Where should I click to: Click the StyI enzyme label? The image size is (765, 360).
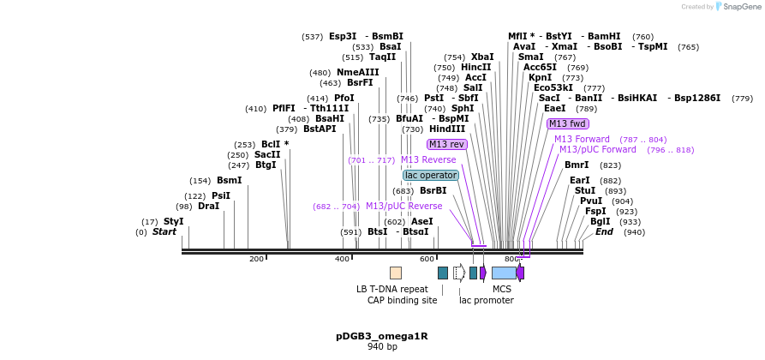[x=174, y=221]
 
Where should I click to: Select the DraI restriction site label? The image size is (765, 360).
[x=208, y=207]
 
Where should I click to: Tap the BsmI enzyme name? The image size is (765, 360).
[x=229, y=181]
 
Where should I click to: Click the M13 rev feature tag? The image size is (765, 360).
[x=446, y=145]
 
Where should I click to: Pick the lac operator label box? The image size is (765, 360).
[x=431, y=176]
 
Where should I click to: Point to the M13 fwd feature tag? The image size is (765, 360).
[x=567, y=124]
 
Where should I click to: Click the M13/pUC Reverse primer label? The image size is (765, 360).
[x=403, y=207]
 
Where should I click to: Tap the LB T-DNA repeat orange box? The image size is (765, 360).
[x=395, y=273]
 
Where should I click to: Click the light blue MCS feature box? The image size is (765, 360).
[x=504, y=273]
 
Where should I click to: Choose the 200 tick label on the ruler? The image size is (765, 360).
[x=256, y=259]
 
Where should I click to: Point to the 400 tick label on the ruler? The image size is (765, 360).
[x=342, y=259]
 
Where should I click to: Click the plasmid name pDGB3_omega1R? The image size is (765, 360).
[x=381, y=336]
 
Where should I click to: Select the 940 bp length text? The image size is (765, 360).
[x=382, y=347]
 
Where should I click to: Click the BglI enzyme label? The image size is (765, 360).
[x=600, y=221]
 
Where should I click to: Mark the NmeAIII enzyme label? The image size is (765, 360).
[x=357, y=73]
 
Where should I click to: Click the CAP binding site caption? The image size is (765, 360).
[x=402, y=301]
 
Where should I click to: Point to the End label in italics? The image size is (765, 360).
[x=604, y=231]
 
